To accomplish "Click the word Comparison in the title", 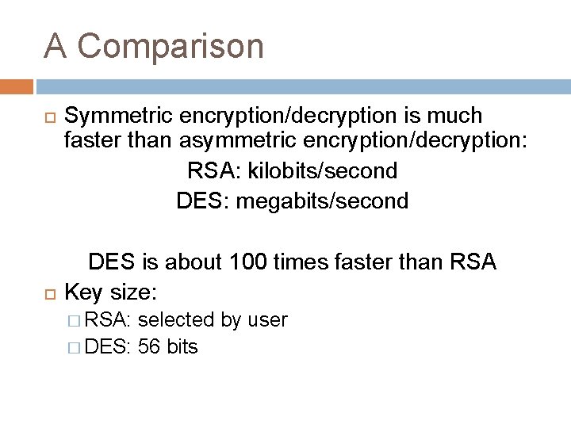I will [x=171, y=46].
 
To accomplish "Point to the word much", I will [x=453, y=116].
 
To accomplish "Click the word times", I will [x=309, y=261].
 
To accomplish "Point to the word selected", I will [x=177, y=319].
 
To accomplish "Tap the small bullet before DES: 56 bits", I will [x=74, y=346].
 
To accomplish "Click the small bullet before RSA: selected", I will [x=74, y=320].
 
